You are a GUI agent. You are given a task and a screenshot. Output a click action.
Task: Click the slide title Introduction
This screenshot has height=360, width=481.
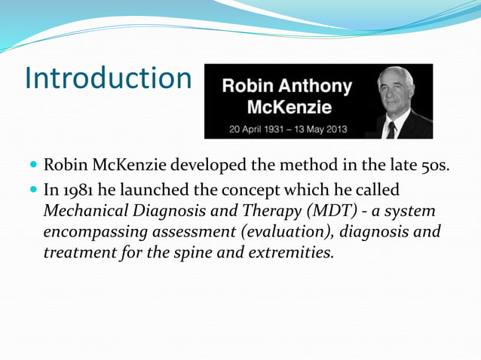tap(108, 78)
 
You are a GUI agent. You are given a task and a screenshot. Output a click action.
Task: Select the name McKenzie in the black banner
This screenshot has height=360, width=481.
tap(286, 106)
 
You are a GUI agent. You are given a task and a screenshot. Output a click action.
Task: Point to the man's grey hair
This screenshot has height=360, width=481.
tap(400, 74)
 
